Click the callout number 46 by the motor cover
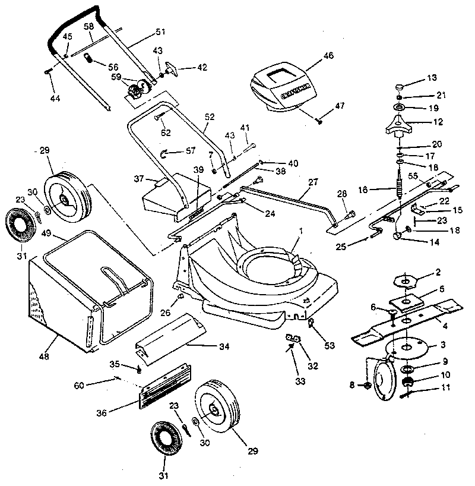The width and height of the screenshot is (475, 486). pyautogui.click(x=328, y=56)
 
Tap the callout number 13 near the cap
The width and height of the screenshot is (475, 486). pyautogui.click(x=432, y=78)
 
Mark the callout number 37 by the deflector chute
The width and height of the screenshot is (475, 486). pyautogui.click(x=139, y=178)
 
